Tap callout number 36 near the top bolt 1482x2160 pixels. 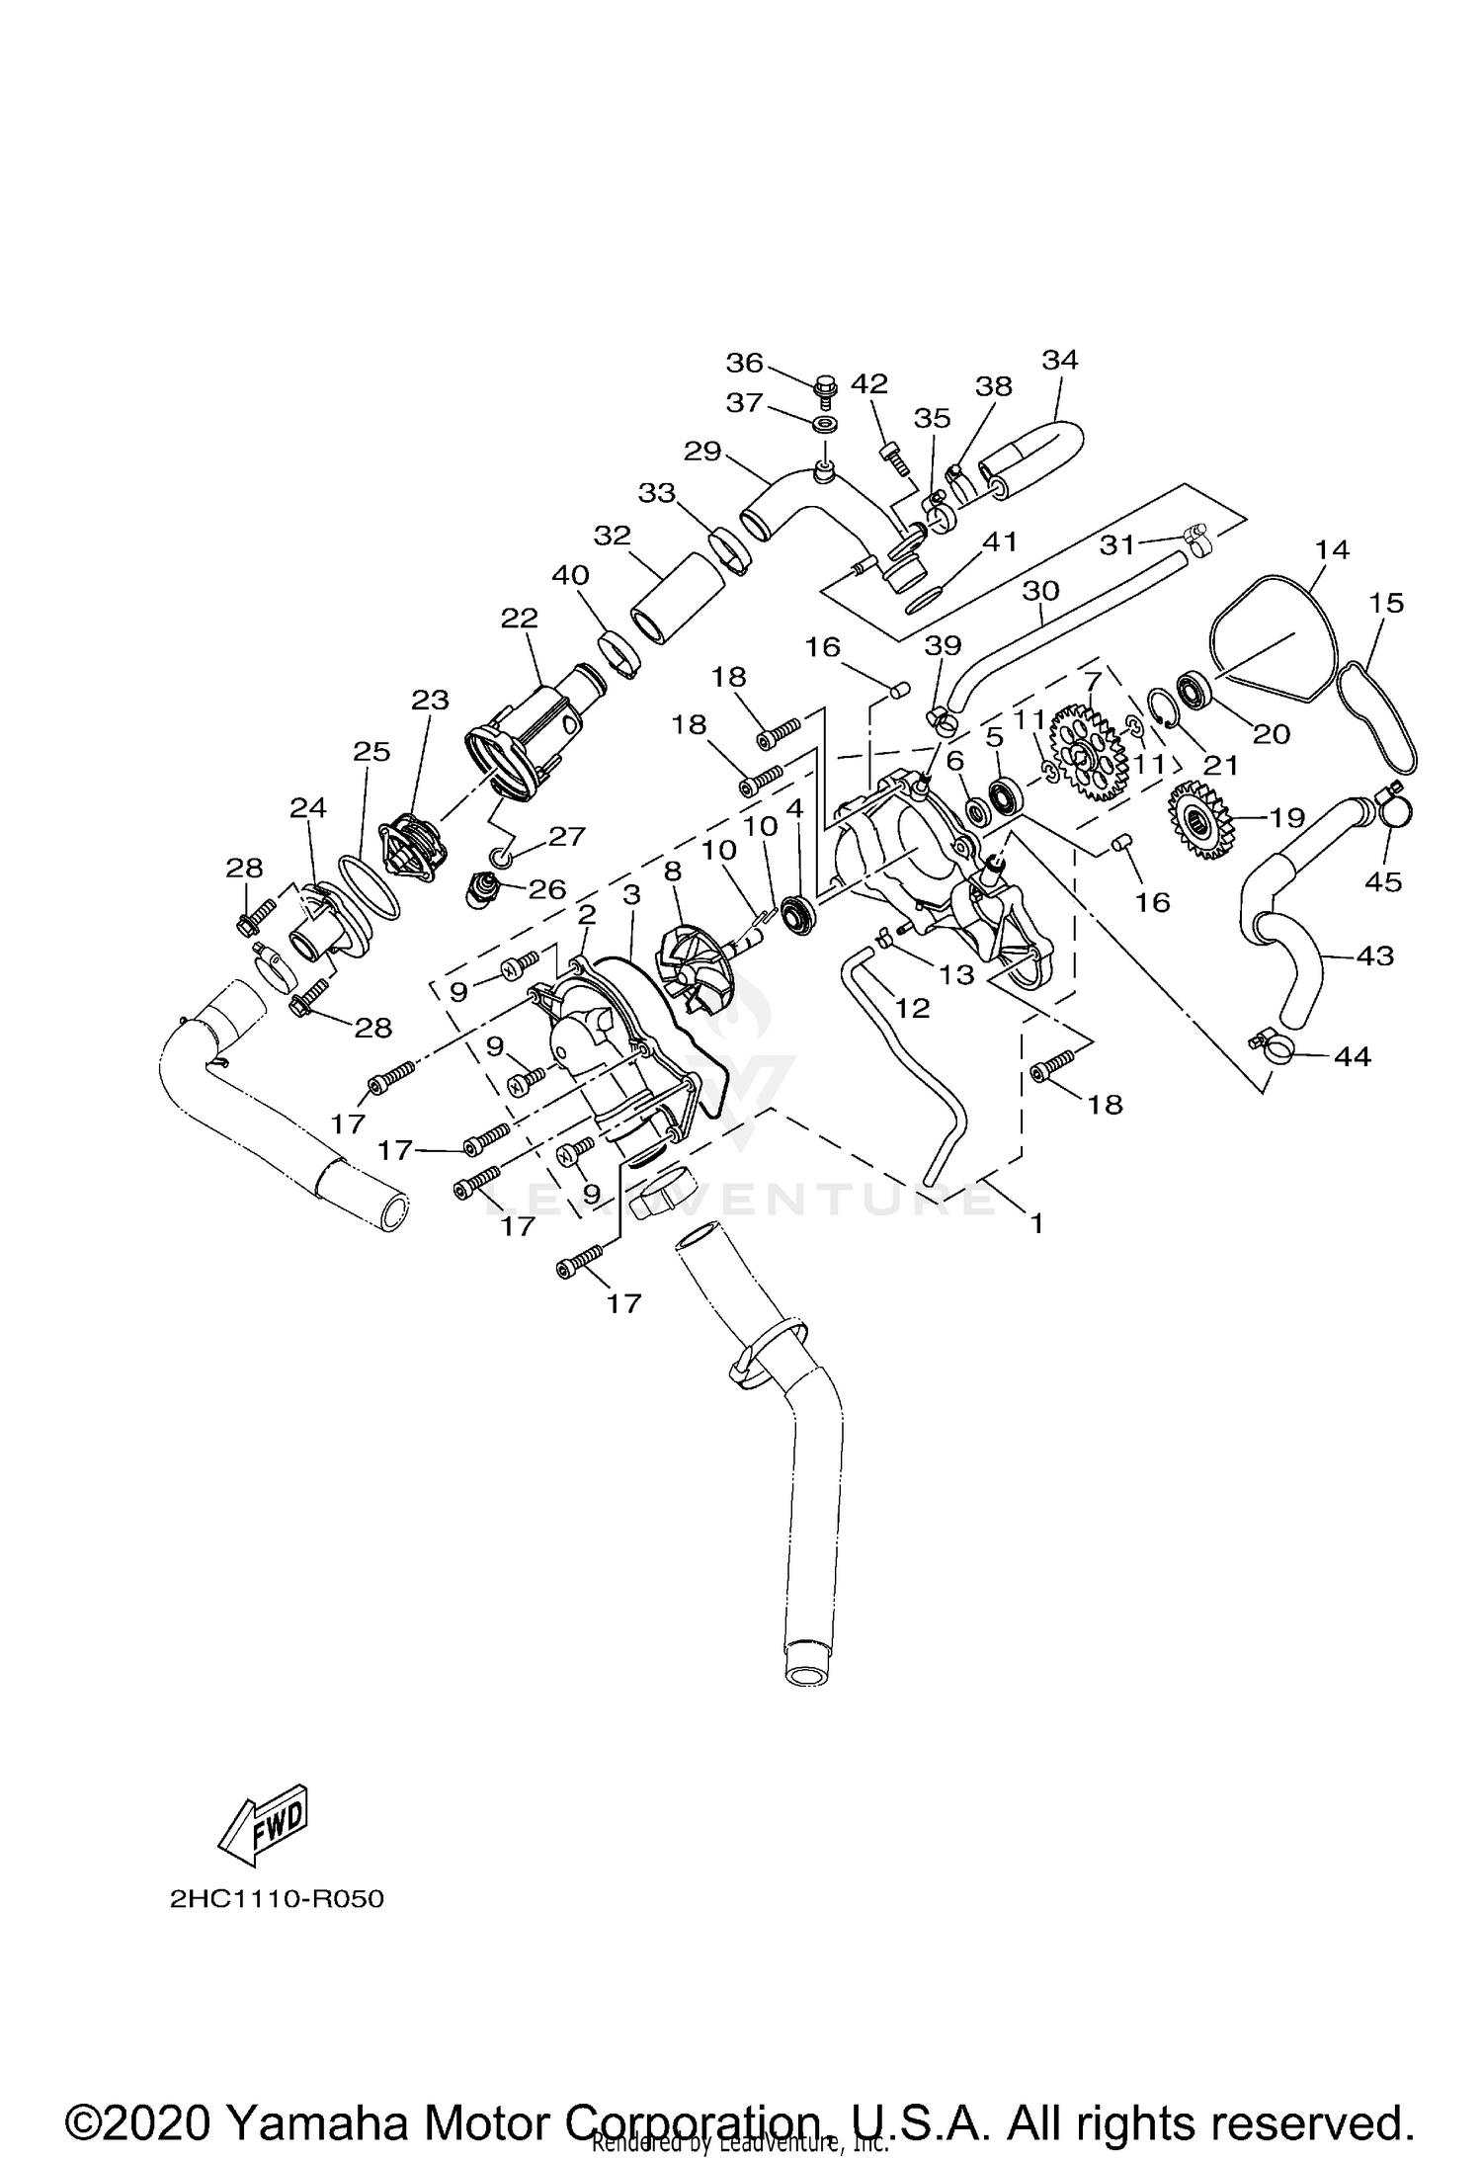pyautogui.click(x=745, y=364)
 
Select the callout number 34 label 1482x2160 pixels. pyautogui.click(x=1060, y=360)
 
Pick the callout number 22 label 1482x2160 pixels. pyautogui.click(x=520, y=618)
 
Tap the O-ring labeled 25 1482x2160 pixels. pyautogui.click(x=370, y=885)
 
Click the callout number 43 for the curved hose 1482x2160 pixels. pyautogui.click(x=1374, y=955)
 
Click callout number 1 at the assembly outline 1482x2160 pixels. pyautogui.click(x=1036, y=1223)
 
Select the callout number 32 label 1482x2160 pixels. pyautogui.click(x=613, y=536)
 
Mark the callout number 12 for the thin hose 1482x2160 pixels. pyautogui.click(x=913, y=1008)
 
